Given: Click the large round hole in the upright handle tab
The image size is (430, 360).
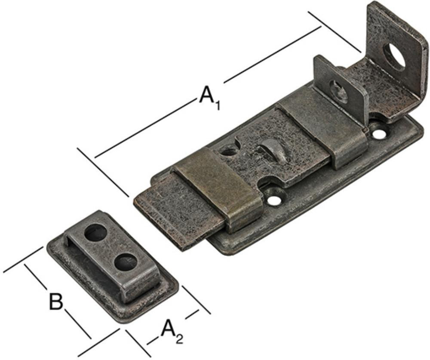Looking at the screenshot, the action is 394,57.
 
